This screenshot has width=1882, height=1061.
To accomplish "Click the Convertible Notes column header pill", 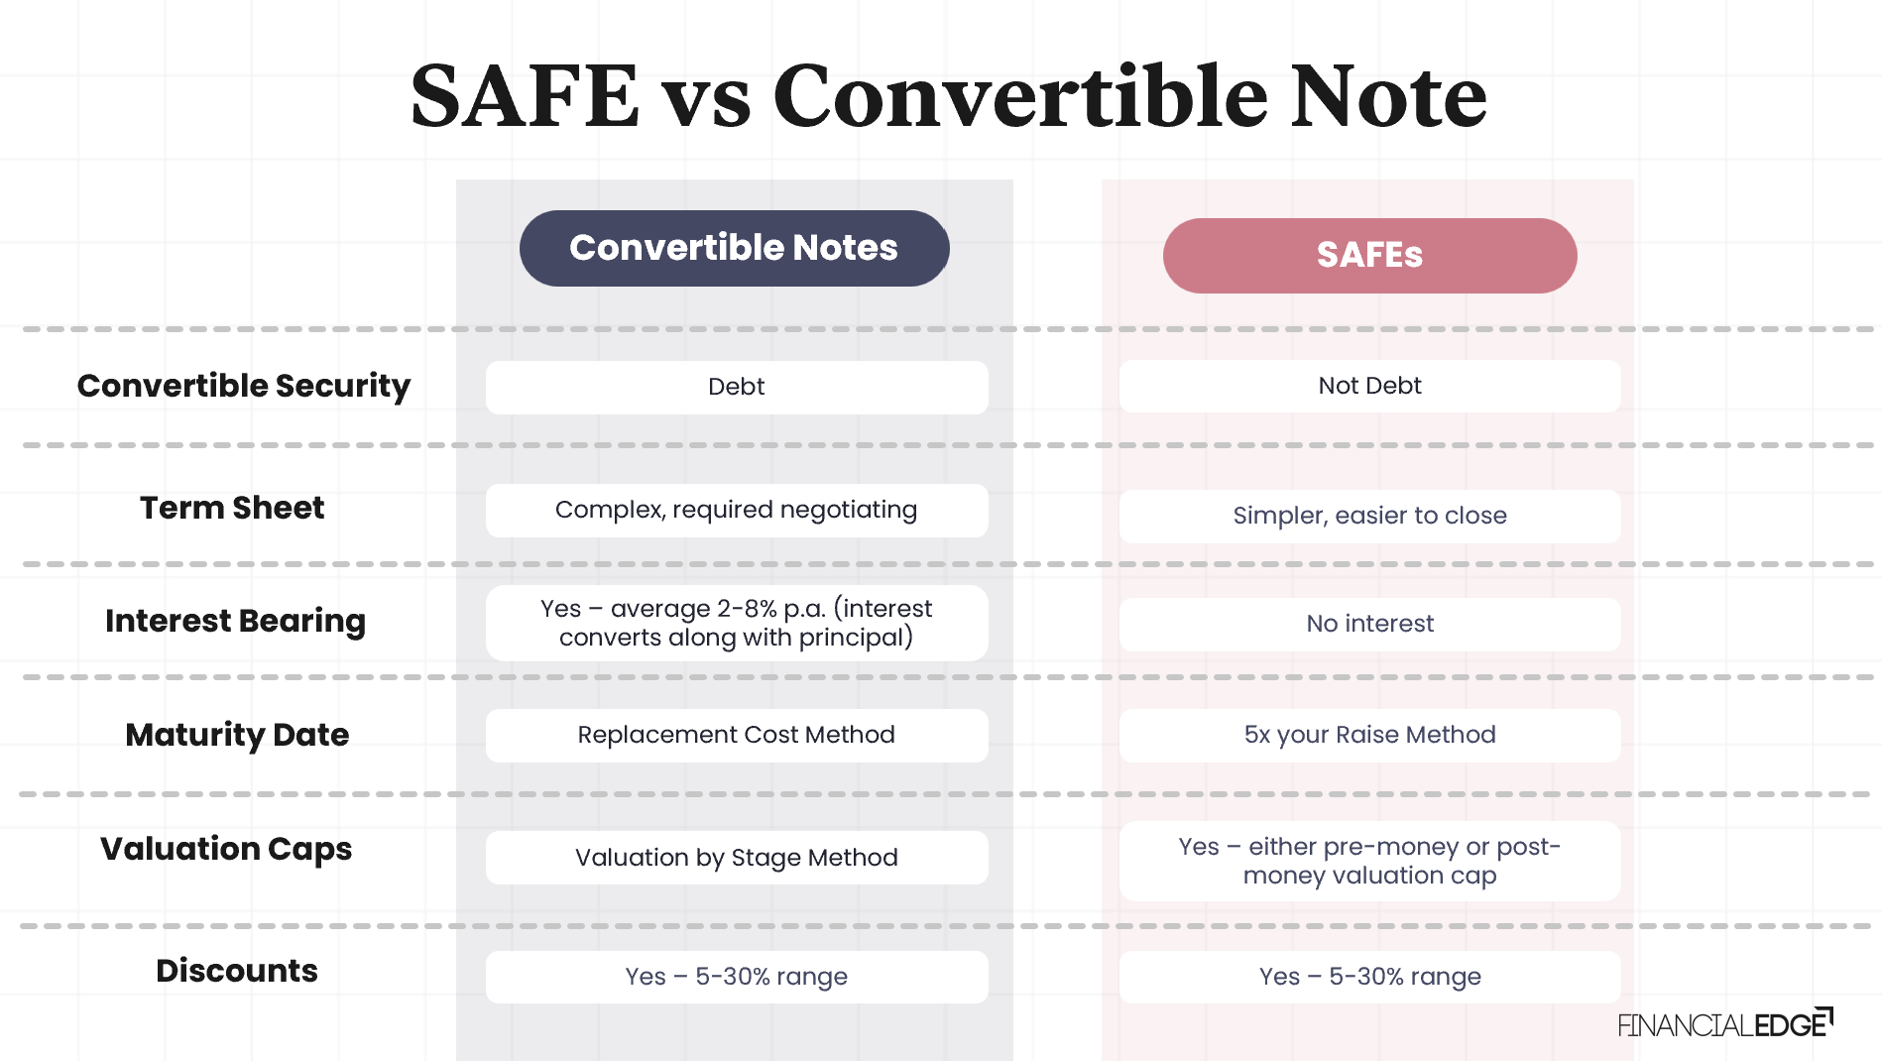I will coord(734,248).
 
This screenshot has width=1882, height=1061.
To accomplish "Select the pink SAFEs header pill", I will coord(1369,255).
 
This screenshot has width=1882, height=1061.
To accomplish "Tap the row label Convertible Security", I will coord(244,386).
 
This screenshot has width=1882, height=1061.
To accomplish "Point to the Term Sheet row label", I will coord(232,508).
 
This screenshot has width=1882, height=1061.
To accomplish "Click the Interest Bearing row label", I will coord(236,621).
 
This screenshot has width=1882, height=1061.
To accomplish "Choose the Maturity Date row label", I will coord(237,735).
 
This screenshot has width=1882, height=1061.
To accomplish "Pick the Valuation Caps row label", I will coord(226,849).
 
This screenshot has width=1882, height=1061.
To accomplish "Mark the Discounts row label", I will coord(237,971).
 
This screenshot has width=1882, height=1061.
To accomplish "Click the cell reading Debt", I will coord(736,387).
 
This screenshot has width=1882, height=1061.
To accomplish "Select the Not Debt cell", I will coord(1369,386).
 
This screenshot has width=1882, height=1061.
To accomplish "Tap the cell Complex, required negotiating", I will coord(736,510).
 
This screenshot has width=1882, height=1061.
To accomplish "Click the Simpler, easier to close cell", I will coord(1369,516).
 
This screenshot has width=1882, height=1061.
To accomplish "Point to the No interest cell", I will coord(1369,624).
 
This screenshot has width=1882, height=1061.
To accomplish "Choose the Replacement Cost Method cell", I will coord(736,735).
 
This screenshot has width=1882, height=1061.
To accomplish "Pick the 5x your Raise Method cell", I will coord(1369,735).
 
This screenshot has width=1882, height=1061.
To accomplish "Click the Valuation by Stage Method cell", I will coord(736,858).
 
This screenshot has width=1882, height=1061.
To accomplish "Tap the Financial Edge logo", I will coord(1724,1024).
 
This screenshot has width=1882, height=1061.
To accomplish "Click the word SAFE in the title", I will coord(525,96).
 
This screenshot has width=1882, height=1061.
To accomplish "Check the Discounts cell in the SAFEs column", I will coord(1369,977).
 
